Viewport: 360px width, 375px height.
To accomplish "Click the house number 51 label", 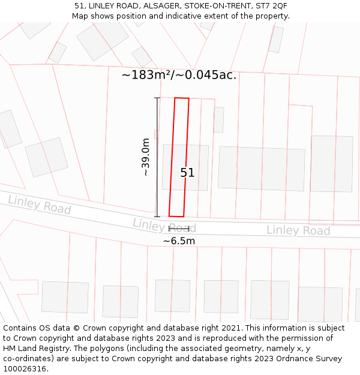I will (x=187, y=173).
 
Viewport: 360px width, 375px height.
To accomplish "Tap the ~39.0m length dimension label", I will (x=145, y=157).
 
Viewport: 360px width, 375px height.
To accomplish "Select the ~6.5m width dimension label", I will (x=179, y=241).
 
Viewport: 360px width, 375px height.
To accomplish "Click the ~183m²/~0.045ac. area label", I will (x=179, y=75).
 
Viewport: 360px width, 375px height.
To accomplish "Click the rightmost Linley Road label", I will (x=298, y=230).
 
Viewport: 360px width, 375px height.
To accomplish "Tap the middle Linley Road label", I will (x=164, y=226).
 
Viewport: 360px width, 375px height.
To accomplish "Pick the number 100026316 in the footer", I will (x=23, y=369).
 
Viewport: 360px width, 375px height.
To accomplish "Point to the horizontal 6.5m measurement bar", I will (x=179, y=229).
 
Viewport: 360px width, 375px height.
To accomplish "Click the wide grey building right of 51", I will (x=261, y=168).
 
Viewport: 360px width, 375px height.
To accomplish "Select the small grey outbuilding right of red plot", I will (x=218, y=119).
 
